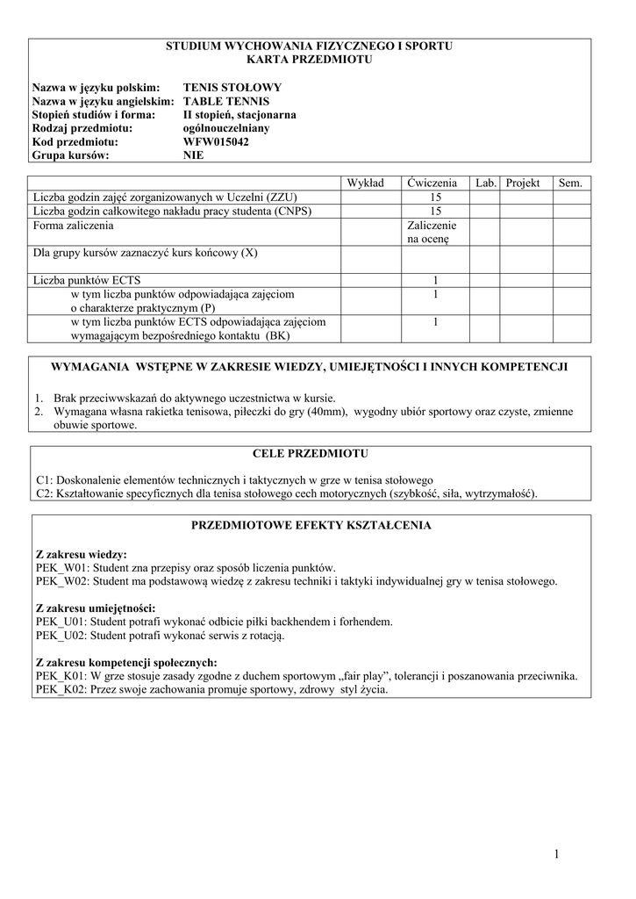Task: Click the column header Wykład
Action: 365,183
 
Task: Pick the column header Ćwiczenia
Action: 432,183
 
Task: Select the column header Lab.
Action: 486,183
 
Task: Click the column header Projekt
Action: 523,183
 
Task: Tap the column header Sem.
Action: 570,183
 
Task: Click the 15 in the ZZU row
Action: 435,198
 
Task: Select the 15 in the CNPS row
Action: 435,211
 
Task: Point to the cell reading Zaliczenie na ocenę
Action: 432,232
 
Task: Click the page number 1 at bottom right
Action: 556,853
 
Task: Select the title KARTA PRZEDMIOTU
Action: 310,59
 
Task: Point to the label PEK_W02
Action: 60,581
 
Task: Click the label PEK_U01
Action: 59,622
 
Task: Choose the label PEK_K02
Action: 59,689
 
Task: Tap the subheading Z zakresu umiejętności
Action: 95,608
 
